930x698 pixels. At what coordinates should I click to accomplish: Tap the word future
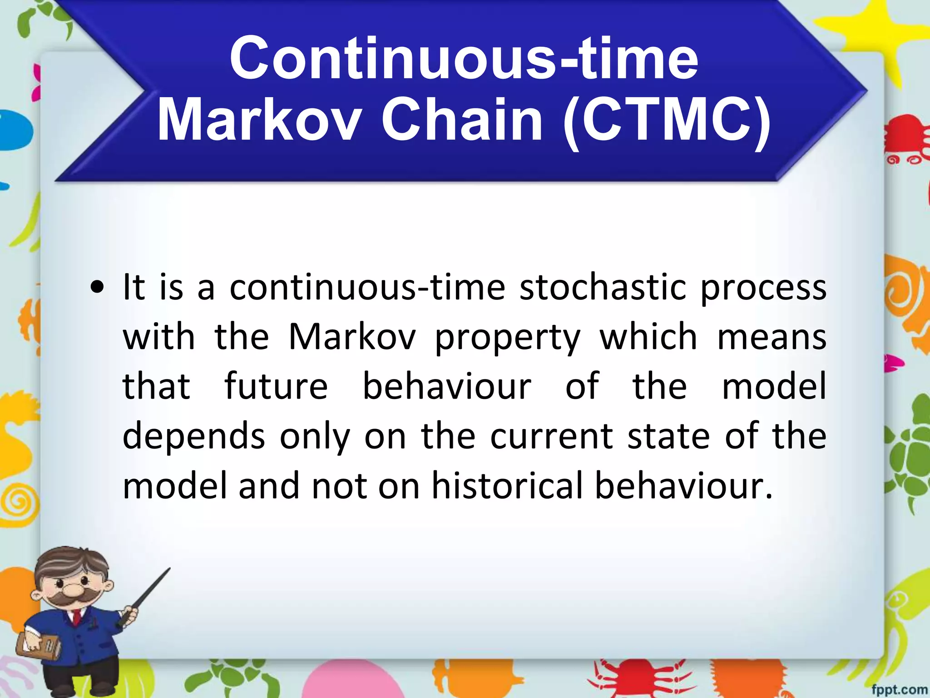[276, 386]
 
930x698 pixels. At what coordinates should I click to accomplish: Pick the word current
[551, 436]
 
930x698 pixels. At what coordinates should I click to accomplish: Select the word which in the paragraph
[648, 337]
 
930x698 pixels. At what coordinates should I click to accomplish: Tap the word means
[772, 338]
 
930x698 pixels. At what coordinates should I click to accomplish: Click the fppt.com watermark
[899, 689]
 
